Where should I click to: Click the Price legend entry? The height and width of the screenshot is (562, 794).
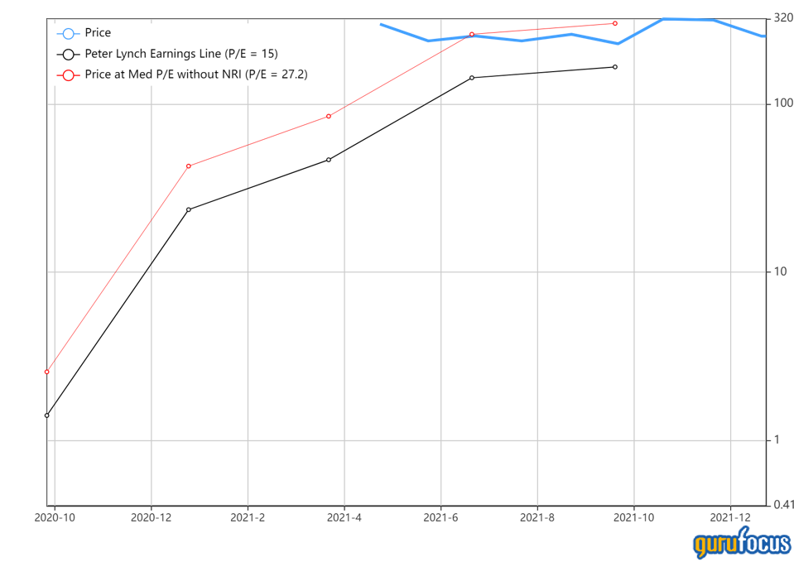98,33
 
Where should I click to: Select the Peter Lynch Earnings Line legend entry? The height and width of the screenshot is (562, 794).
180,54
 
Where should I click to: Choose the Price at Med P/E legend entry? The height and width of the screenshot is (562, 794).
197,74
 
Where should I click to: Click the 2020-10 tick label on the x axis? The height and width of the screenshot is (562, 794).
55,517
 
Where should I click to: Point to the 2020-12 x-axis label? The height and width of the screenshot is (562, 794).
152,517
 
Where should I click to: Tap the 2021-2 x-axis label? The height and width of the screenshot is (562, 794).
248,517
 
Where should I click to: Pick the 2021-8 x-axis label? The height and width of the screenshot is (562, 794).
537,517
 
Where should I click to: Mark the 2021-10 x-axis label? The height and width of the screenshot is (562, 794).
634,517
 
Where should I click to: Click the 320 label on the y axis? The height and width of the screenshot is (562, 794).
782,17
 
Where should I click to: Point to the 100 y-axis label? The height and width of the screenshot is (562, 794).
782,103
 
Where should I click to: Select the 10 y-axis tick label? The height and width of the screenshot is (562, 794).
780,272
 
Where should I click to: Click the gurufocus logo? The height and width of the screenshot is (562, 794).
741,543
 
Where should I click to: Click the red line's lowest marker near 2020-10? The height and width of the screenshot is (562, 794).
47,372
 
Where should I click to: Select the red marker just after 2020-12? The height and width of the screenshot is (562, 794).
189,166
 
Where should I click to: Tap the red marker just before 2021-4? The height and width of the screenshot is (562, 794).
329,117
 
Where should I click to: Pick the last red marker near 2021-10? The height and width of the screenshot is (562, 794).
615,23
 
